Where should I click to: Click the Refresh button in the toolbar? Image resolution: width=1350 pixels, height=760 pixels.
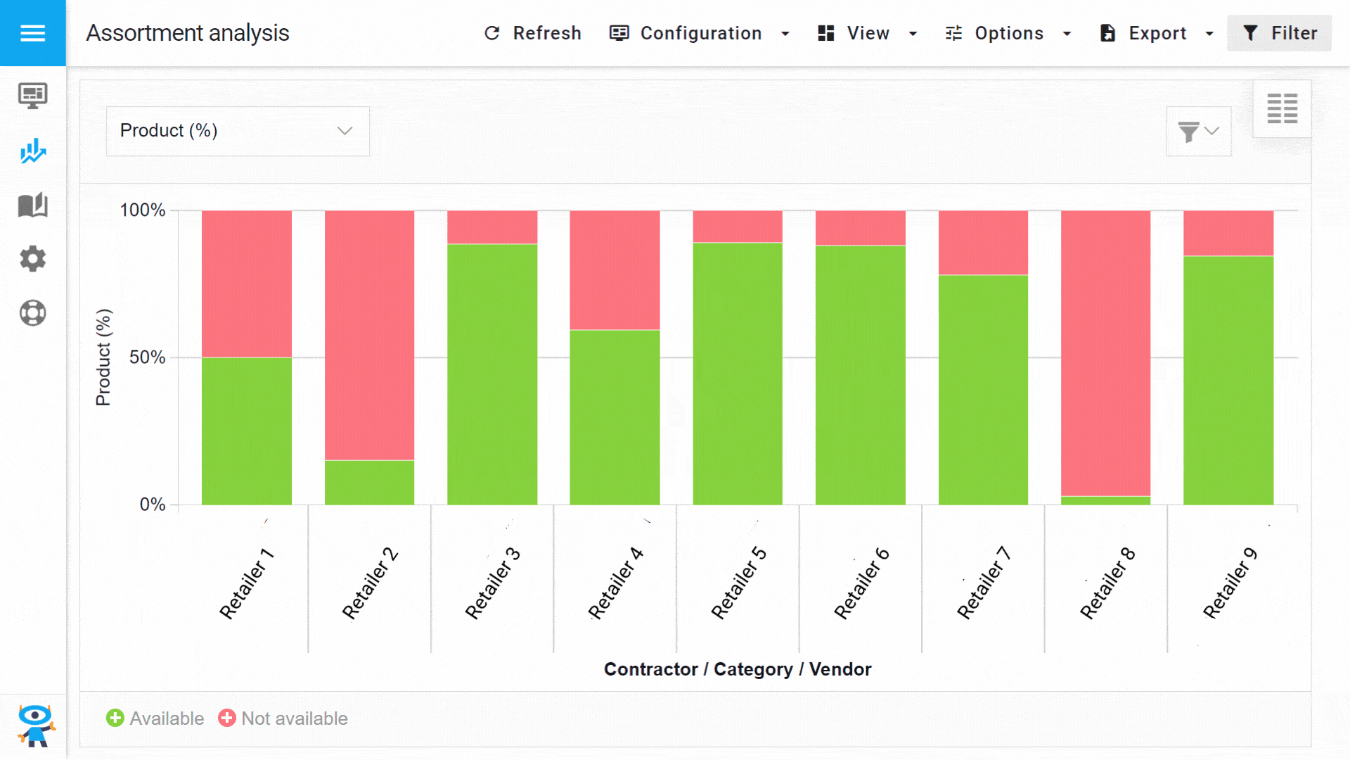533,33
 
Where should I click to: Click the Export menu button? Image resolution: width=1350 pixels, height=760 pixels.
1157,33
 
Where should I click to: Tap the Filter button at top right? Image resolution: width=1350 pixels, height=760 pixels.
1279,33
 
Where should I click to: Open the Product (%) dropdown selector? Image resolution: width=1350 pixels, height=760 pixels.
238,131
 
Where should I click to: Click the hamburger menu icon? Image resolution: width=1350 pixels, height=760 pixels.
32,33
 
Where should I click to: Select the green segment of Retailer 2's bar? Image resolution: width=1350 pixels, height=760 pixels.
369,482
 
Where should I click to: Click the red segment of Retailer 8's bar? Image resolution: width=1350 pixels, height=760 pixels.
1105,352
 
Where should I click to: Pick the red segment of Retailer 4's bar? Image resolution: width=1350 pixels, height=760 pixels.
615,270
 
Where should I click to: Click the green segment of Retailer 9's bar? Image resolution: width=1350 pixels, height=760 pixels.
1228,380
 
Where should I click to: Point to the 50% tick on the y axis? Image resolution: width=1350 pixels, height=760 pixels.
148,357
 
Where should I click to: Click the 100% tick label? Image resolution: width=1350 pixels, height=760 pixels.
143,210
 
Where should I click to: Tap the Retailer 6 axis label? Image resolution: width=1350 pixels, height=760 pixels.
861,583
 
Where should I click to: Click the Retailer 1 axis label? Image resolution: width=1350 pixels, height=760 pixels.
246,583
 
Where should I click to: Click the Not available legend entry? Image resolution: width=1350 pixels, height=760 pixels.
283,718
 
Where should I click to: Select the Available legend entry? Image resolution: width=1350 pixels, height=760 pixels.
155,718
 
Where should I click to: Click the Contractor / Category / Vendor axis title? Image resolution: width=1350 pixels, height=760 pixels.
738,669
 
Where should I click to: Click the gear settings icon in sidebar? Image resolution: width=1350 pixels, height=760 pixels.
32,259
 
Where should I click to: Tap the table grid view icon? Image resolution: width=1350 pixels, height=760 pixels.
1282,108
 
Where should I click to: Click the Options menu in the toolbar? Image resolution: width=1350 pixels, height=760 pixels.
1008,33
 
